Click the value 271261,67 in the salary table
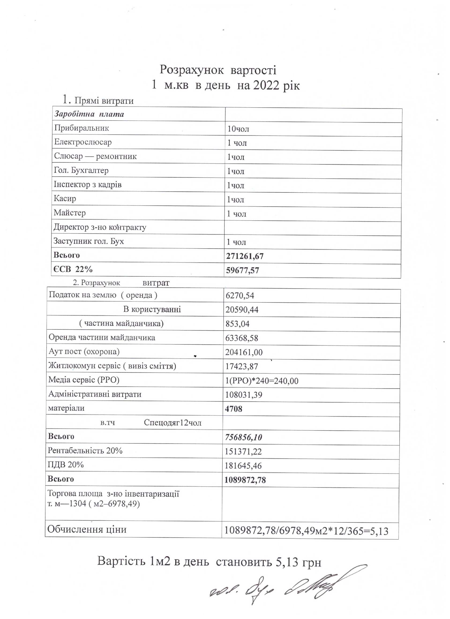pyautogui.click(x=245, y=256)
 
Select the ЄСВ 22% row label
pyautogui.click(x=73, y=269)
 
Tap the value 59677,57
pyautogui.click(x=243, y=271)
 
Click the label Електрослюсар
pyautogui.click(x=83, y=142)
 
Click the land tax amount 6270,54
pyautogui.click(x=240, y=296)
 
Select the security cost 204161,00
pyautogui.click(x=244, y=352)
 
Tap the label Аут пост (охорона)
pyautogui.click(x=84, y=351)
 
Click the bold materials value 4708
pyautogui.click(x=234, y=409)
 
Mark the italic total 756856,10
pyautogui.click(x=244, y=437)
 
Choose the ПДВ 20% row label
pyautogui.click(x=65, y=465)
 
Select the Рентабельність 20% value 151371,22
pyautogui.click(x=243, y=451)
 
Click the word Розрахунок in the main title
pyautogui.click(x=191, y=70)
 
